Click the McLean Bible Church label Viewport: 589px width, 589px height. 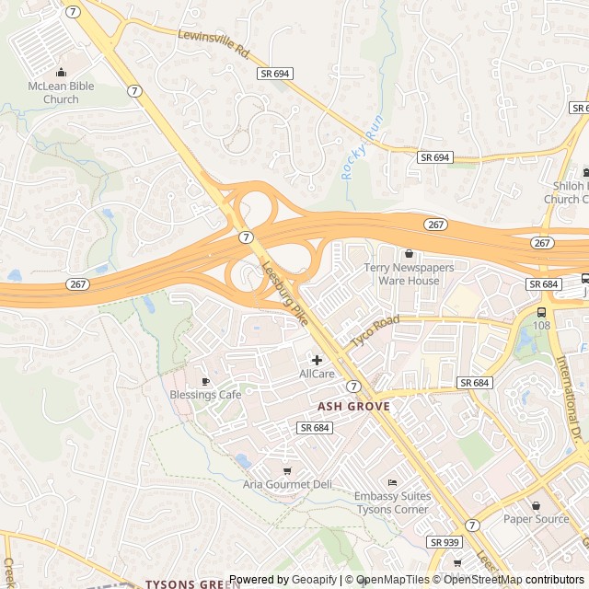point(61,93)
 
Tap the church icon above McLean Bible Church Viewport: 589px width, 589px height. point(61,73)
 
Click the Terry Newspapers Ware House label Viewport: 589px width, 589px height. point(409,274)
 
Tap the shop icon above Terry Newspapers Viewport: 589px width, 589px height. point(409,253)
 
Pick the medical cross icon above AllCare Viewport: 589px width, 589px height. point(317,359)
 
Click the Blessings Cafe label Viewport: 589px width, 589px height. point(205,395)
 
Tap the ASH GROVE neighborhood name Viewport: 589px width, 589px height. point(354,406)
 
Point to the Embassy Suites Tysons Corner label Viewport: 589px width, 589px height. point(392,502)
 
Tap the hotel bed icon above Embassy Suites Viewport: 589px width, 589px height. point(392,482)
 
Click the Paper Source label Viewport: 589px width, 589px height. point(536,519)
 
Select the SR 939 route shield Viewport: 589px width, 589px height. point(444,543)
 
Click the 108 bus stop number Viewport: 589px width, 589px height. point(541,325)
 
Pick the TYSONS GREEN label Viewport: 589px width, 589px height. point(192,583)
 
